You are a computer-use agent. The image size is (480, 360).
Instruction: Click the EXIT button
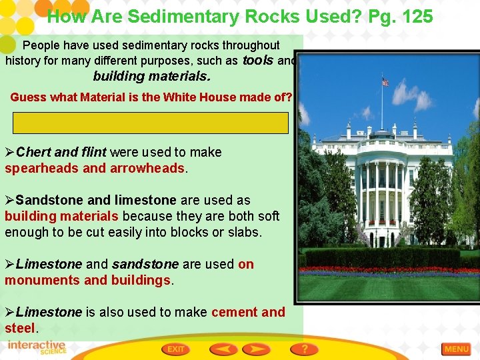(175, 349)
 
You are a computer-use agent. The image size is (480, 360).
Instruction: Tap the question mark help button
(304, 349)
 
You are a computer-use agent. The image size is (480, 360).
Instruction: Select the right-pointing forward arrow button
(256, 349)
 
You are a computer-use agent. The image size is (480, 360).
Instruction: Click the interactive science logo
(37, 347)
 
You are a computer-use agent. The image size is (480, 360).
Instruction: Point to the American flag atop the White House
(385, 83)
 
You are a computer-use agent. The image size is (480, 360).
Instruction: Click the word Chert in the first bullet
(33, 152)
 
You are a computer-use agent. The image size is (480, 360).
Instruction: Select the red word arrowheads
(152, 168)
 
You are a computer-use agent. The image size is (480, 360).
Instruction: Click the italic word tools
(257, 61)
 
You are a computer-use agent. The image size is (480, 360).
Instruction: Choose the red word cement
(235, 312)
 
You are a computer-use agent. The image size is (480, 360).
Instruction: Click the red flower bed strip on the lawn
(389, 271)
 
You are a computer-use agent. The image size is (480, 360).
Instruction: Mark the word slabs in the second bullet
(244, 232)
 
